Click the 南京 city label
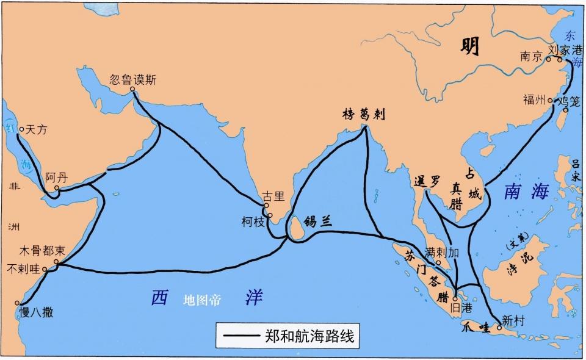click(x=531, y=57)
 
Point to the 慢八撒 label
click(x=36, y=313)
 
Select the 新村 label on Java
click(x=512, y=319)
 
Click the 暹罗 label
click(x=427, y=181)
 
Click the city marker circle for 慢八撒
click(x=20, y=303)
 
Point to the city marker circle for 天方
click(x=21, y=129)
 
